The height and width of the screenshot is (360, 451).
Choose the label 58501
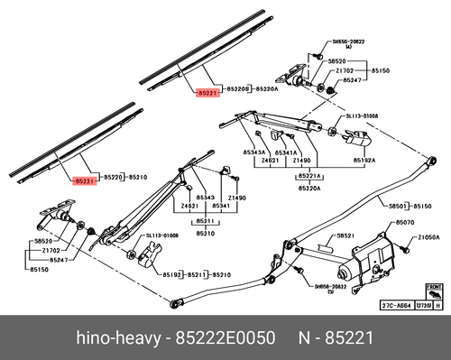point(399,207)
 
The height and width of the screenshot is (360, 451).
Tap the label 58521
point(344,235)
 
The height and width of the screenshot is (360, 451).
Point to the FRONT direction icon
point(432,294)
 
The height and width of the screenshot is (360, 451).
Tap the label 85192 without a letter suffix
point(171,273)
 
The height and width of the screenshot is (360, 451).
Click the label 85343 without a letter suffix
point(207,197)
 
